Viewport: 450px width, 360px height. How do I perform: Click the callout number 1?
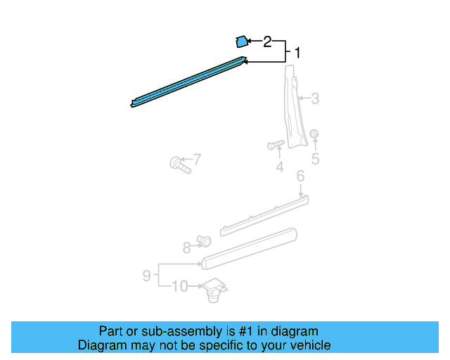[x=297, y=53]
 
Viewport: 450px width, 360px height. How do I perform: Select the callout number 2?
[x=267, y=41]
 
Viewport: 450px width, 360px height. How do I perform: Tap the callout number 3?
[x=315, y=99]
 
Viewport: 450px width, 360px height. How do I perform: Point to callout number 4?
[x=279, y=167]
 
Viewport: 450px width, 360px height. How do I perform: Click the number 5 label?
[x=315, y=160]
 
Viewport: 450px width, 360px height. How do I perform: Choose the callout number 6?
[x=300, y=176]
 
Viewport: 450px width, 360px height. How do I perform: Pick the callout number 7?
[x=197, y=159]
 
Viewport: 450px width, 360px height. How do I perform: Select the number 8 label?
[x=186, y=247]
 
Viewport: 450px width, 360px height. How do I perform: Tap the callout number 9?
[x=147, y=276]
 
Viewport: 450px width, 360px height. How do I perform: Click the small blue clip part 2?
[x=240, y=41]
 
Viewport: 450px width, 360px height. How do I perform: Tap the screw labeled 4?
[x=276, y=145]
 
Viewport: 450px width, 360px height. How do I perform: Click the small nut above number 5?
[x=314, y=134]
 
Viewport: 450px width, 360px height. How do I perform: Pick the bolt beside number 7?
[x=179, y=165]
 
